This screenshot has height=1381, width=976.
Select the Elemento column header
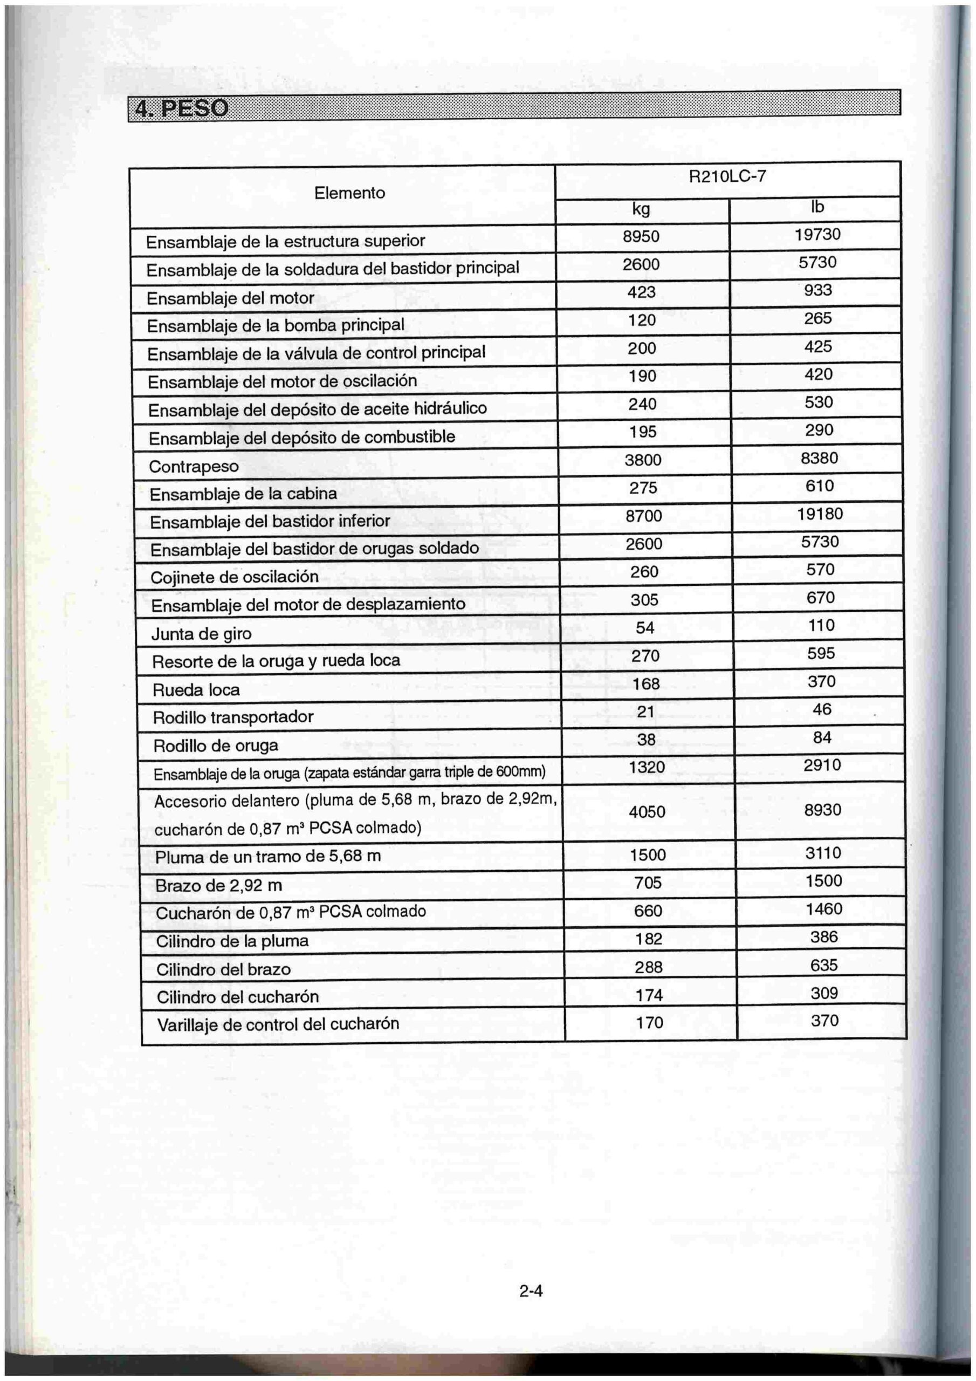(349, 193)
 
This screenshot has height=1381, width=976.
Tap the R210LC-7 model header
(727, 177)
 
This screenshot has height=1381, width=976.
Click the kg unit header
(641, 209)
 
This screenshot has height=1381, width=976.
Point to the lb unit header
(816, 207)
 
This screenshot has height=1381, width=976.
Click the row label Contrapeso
(194, 466)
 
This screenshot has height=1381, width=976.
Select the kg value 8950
(641, 236)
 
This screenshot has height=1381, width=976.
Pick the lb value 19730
(817, 234)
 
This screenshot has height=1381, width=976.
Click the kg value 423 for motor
(641, 292)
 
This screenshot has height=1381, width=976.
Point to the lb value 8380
(819, 459)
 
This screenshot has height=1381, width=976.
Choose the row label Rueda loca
(196, 689)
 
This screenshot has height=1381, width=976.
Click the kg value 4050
(647, 812)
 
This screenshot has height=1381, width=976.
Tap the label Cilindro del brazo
(223, 969)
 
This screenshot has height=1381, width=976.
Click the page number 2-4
(531, 1291)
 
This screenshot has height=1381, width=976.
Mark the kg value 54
(645, 627)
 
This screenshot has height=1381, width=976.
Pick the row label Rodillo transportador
(233, 717)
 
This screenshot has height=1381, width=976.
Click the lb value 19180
(820, 514)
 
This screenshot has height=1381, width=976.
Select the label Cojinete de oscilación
(234, 577)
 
